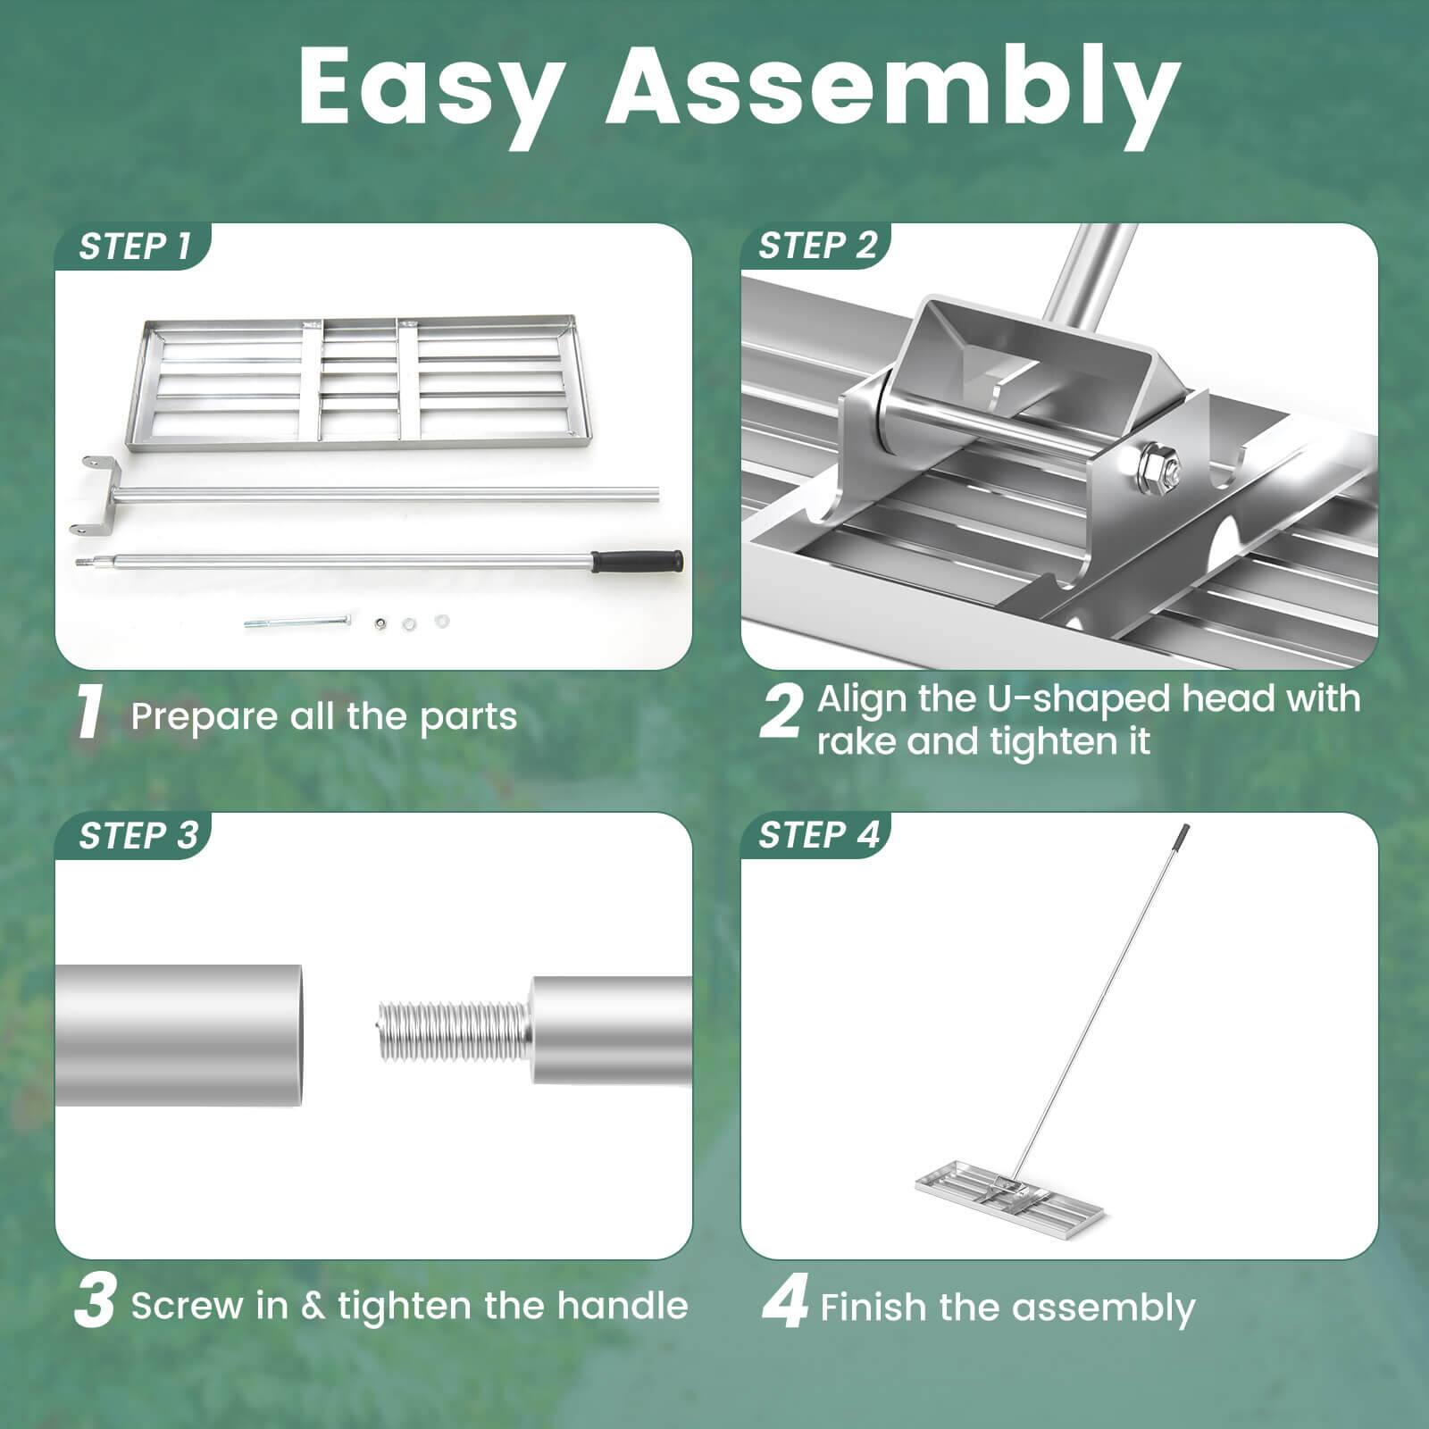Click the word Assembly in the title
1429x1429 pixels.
pos(893,89)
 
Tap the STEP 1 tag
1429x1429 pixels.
pos(134,247)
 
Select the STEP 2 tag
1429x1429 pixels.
pos(817,246)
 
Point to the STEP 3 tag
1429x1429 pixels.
pos(137,836)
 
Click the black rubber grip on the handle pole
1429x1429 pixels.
pos(638,562)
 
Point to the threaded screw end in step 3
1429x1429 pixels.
pos(451,1029)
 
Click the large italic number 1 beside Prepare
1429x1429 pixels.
pos(89,714)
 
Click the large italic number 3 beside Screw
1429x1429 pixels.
pos(94,1304)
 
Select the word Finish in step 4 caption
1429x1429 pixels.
pos(873,1308)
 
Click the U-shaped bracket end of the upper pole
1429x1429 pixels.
pos(92,496)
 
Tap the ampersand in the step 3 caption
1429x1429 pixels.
pos(313,1307)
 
